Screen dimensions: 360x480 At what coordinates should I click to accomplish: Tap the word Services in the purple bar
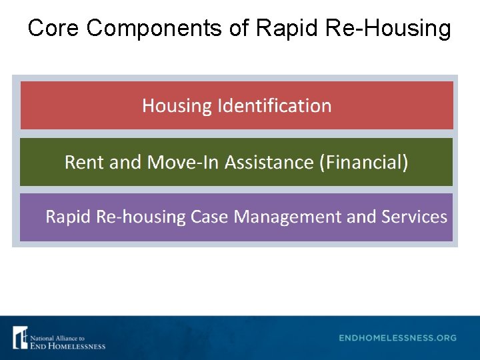[414, 217]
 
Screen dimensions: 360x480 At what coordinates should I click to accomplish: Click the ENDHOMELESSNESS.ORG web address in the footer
[398, 338]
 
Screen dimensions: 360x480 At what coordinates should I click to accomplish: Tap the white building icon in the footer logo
[20, 337]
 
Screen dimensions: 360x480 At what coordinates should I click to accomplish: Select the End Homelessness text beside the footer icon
[67, 345]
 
